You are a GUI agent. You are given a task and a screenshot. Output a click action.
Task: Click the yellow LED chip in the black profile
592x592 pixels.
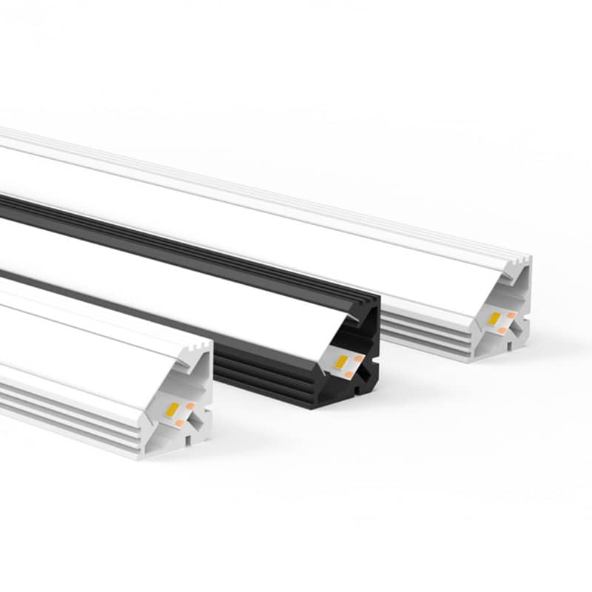(343, 362)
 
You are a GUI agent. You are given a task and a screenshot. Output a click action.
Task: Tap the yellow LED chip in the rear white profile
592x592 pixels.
(494, 318)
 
